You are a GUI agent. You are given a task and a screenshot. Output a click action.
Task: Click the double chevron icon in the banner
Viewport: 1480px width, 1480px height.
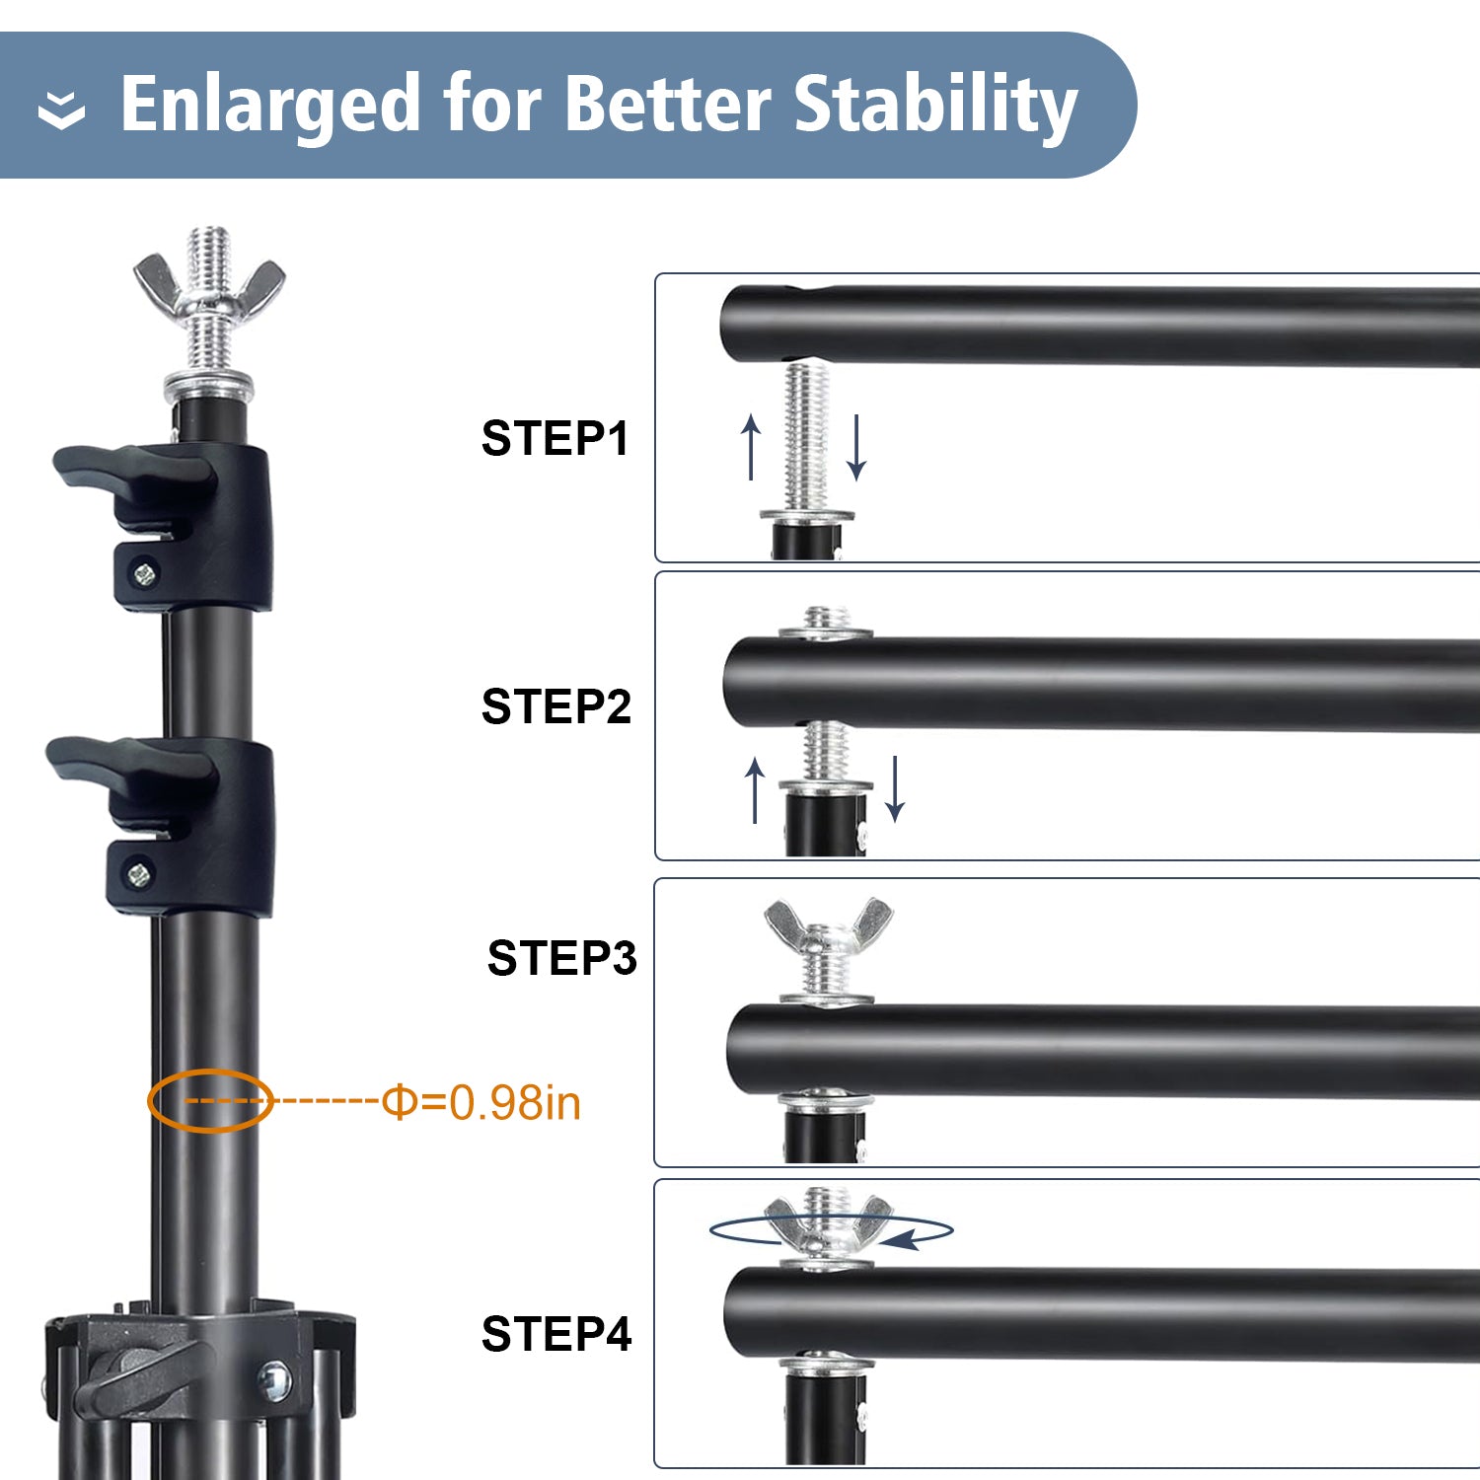point(61,111)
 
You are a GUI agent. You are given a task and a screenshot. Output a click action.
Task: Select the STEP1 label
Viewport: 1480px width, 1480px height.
point(555,438)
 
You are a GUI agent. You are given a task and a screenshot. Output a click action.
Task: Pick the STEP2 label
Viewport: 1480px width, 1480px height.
point(555,706)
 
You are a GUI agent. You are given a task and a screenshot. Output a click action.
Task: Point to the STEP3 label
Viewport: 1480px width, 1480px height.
point(561,958)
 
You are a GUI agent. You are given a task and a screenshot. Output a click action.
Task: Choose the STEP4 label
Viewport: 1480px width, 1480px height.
point(555,1334)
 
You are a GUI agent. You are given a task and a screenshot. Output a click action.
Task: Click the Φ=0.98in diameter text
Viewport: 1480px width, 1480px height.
point(481,1102)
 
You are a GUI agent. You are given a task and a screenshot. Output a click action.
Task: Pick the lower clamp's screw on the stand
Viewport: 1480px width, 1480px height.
point(138,873)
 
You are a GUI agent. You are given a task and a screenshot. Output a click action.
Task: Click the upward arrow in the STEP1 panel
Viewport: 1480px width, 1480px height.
point(752,446)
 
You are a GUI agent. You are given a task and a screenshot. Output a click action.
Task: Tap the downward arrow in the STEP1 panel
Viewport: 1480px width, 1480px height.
point(856,447)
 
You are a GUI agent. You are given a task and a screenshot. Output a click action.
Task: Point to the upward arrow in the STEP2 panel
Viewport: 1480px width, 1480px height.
point(755,789)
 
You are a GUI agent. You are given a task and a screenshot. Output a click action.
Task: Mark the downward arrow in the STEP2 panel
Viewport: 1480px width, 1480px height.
point(894,788)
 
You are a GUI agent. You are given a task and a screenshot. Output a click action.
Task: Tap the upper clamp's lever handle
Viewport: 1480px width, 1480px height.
point(133,468)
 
